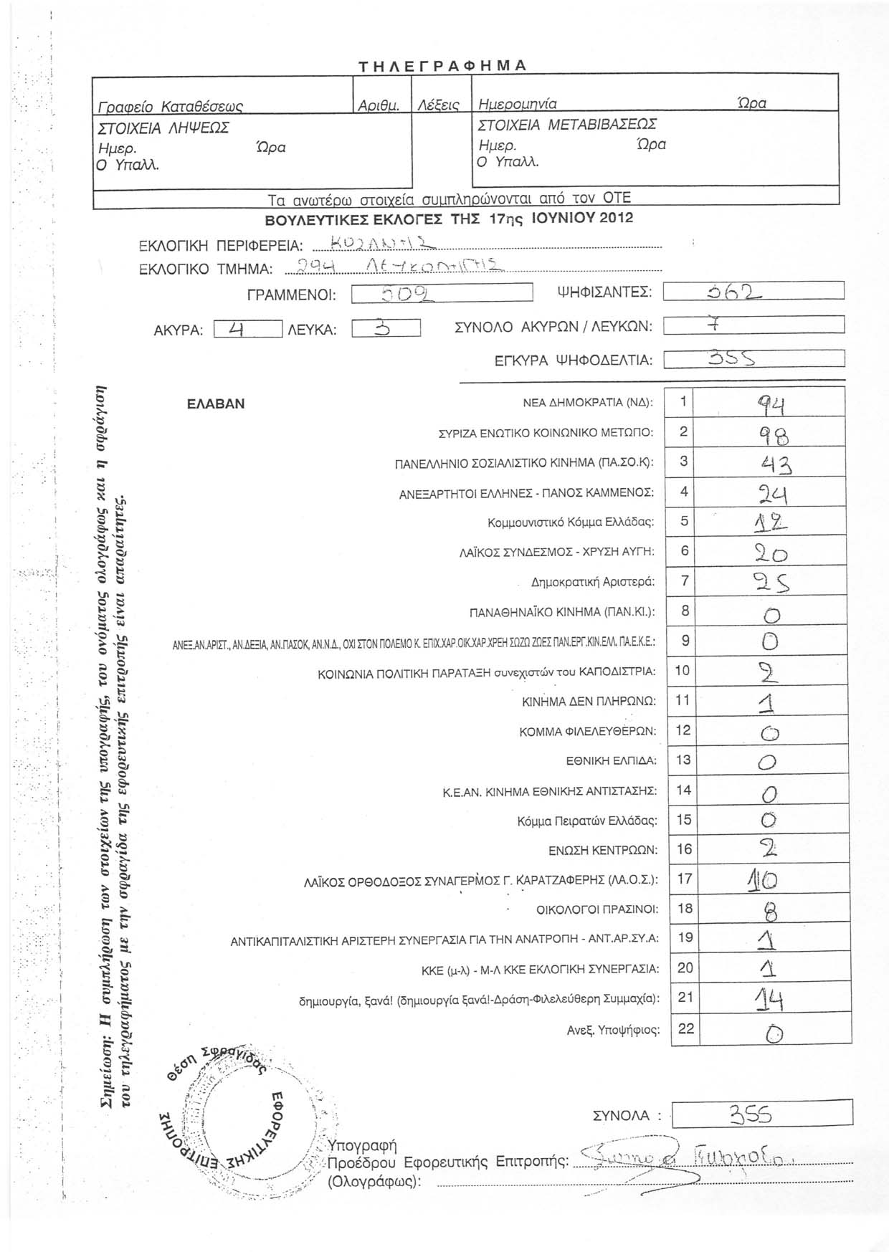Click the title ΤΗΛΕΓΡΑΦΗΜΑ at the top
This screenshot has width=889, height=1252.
click(x=443, y=66)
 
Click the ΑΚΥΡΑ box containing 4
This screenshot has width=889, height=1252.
click(x=247, y=329)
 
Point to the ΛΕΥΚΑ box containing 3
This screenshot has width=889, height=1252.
click(x=386, y=329)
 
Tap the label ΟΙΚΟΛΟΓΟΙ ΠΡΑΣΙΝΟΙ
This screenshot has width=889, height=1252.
click(x=597, y=909)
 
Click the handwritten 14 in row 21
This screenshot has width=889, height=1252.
click(x=764, y=1000)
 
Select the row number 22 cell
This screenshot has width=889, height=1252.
click(x=685, y=1028)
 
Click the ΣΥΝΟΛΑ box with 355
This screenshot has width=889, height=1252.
click(x=761, y=1134)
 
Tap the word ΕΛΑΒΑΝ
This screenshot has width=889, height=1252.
click(x=216, y=403)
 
